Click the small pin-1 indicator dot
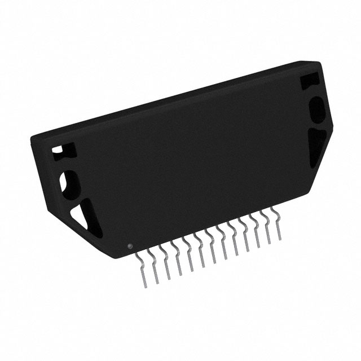point(130,246)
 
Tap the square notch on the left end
point(58,151)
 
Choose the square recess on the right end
point(309,81)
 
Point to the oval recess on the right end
point(316,109)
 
